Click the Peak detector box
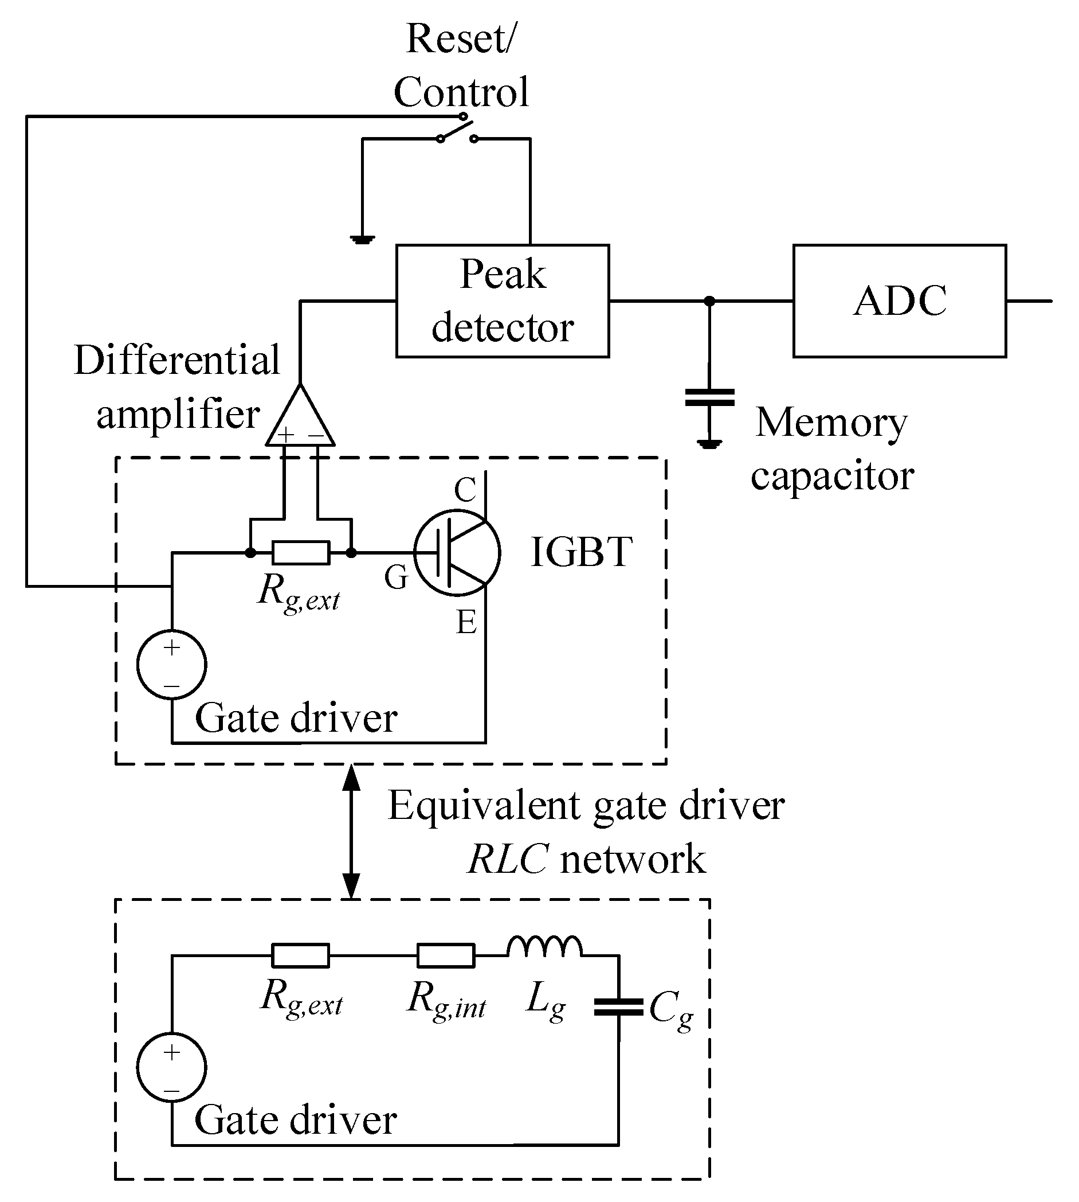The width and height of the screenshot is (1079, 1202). [x=502, y=301]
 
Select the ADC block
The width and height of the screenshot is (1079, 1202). [x=900, y=301]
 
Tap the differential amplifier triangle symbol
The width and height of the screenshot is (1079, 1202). [x=300, y=418]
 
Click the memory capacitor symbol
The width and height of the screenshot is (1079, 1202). [x=709, y=397]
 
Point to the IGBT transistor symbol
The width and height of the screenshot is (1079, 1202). [x=457, y=552]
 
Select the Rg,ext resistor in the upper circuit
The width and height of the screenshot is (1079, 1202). [x=301, y=552]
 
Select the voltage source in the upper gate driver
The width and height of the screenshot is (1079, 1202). [x=172, y=665]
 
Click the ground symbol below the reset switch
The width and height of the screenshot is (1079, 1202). [x=362, y=240]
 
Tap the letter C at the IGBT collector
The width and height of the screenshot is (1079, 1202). [x=465, y=490]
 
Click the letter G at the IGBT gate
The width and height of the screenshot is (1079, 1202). [x=396, y=577]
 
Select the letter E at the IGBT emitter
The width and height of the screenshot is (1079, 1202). [x=466, y=622]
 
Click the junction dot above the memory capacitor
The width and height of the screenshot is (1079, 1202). [x=709, y=301]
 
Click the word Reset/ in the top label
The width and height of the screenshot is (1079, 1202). [x=461, y=39]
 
